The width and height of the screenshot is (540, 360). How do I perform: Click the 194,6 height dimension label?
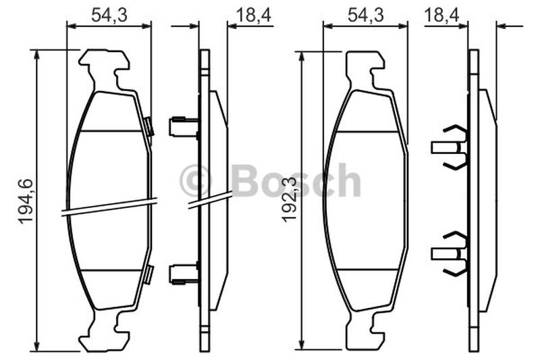(26, 201)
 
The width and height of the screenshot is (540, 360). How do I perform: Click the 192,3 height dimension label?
(290, 199)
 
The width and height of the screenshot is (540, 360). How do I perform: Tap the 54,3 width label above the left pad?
(109, 15)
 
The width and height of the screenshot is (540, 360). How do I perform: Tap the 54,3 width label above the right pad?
(365, 15)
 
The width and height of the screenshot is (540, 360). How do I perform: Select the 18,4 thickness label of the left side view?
(254, 15)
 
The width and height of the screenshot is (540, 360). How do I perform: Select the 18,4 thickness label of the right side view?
(441, 15)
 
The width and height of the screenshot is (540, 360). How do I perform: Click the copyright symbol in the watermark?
(194, 180)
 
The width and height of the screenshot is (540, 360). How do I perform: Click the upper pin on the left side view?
(184, 126)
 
